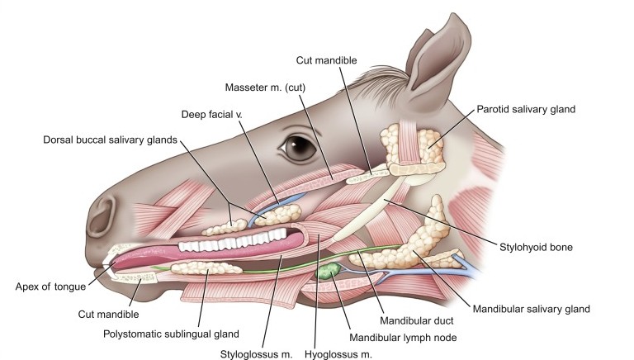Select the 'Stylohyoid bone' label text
click(537, 246)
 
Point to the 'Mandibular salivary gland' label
click(531, 309)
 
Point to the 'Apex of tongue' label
click(50, 287)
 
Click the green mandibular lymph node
click(329, 268)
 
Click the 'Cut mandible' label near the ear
click(328, 59)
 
